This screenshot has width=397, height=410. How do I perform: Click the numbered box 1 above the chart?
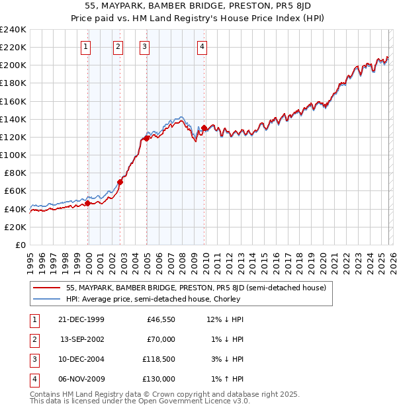click(x=87, y=46)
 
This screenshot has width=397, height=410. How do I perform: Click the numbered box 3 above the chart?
click(x=144, y=46)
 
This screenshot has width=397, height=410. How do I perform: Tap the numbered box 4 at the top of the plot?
click(x=202, y=46)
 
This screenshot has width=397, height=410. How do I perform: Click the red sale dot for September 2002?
click(x=120, y=182)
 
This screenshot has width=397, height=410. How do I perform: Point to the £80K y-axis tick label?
click(x=15, y=173)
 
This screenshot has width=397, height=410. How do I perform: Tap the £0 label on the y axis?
click(x=21, y=245)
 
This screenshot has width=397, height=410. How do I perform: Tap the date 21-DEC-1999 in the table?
click(x=81, y=319)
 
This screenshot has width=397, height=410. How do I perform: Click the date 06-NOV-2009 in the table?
click(x=81, y=379)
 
